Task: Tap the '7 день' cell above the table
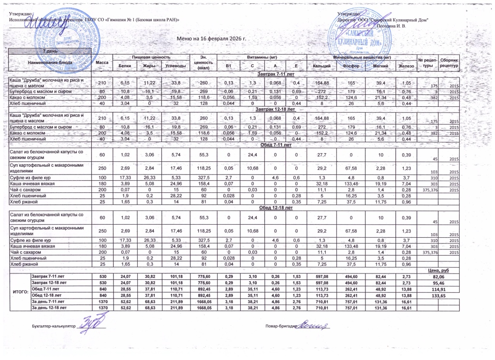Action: point(52,51)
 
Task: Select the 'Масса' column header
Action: point(102,63)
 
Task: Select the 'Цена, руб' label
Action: point(438,270)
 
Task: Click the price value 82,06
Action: point(438,276)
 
